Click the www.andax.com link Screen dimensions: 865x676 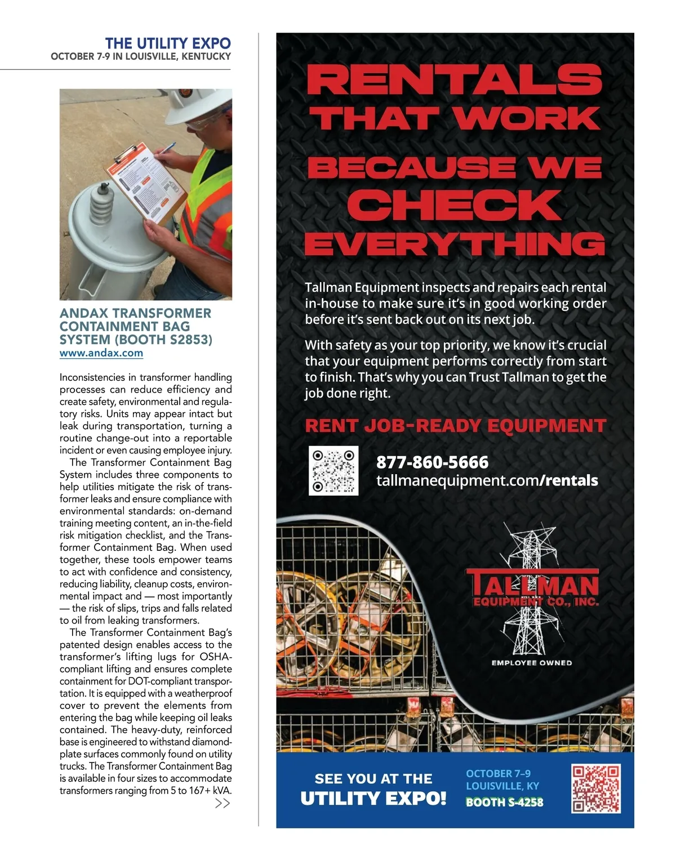pyautogui.click(x=101, y=353)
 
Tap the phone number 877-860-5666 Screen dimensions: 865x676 pyautogui.click(x=432, y=462)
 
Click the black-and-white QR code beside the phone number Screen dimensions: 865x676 pyautogui.click(x=333, y=471)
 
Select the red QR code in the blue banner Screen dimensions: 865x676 pyautogui.click(x=596, y=788)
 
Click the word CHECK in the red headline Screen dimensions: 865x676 pyautogui.click(x=454, y=206)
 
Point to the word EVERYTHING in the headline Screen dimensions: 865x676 pyautogui.click(x=455, y=244)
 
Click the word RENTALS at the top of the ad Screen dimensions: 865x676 pyautogui.click(x=455, y=80)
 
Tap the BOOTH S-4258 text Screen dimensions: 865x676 pyautogui.click(x=504, y=802)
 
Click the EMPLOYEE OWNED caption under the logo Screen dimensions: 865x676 pyautogui.click(x=531, y=663)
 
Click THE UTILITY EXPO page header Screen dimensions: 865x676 pyautogui.click(x=168, y=43)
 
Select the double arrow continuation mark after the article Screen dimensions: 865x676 pyautogui.click(x=223, y=804)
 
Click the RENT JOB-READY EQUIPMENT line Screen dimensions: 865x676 pyautogui.click(x=455, y=426)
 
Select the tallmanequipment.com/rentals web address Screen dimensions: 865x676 pyautogui.click(x=487, y=480)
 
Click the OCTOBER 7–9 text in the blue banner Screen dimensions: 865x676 pyautogui.click(x=498, y=773)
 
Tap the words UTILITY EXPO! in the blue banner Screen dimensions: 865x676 pyautogui.click(x=373, y=799)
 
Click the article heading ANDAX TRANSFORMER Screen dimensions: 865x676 pyautogui.click(x=135, y=313)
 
